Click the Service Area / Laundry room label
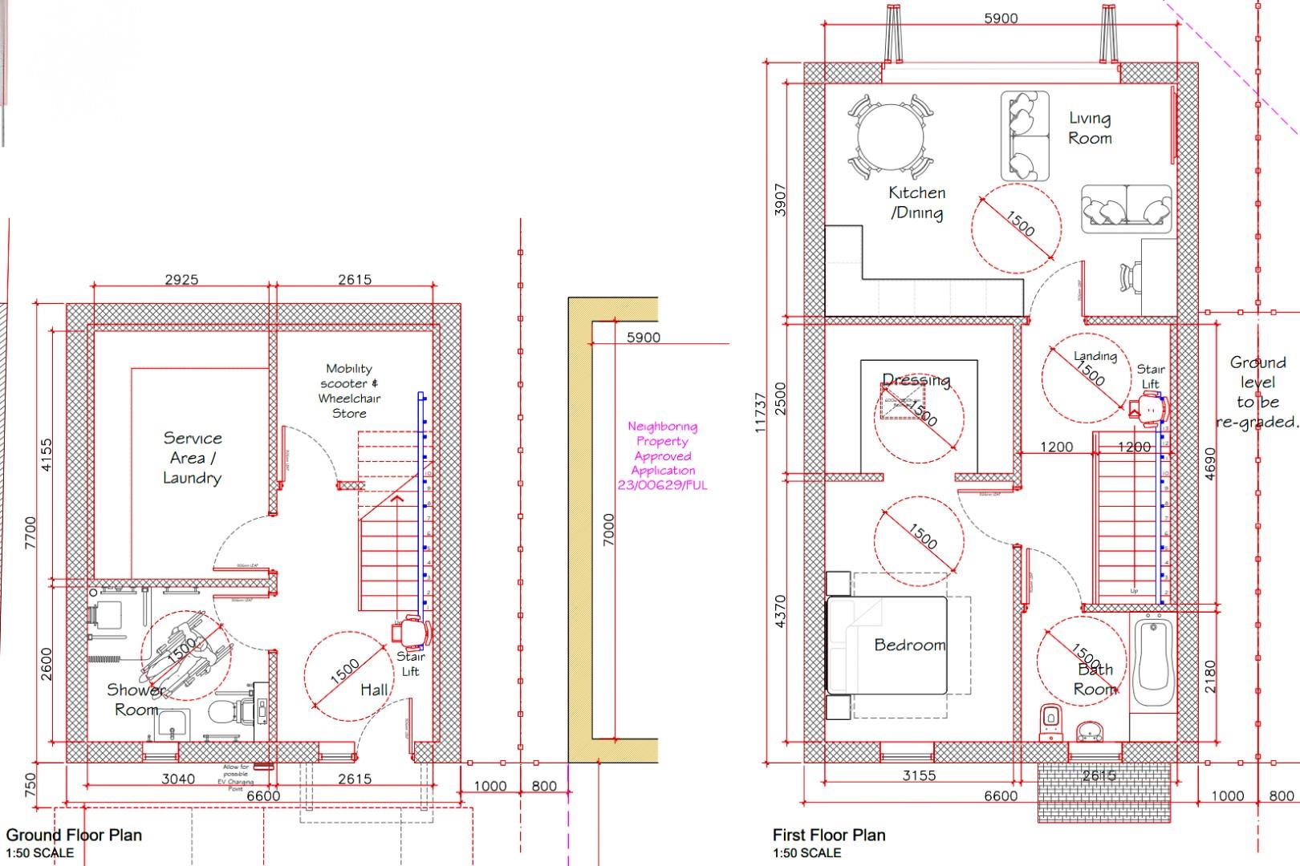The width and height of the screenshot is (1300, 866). tap(192, 458)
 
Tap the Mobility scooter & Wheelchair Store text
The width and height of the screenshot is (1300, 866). tap(349, 391)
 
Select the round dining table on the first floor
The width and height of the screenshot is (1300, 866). tap(890, 136)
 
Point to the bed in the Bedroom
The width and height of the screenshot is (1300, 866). tap(887, 645)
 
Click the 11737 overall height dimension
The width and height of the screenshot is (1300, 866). tap(760, 413)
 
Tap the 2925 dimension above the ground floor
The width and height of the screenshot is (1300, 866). tap(181, 280)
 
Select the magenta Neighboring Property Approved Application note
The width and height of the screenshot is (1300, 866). tap(663, 455)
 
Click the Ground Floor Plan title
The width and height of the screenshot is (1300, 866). tap(74, 835)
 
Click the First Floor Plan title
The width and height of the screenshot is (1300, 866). tap(829, 835)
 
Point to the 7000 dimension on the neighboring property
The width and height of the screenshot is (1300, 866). tap(609, 529)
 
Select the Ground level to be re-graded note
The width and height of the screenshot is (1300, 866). tap(1257, 391)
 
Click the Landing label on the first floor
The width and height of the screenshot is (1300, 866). tap(1095, 355)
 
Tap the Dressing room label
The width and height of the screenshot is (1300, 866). tap(916, 380)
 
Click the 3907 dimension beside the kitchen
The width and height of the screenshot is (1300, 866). tap(780, 199)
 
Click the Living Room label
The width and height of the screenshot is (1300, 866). tap(1090, 128)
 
